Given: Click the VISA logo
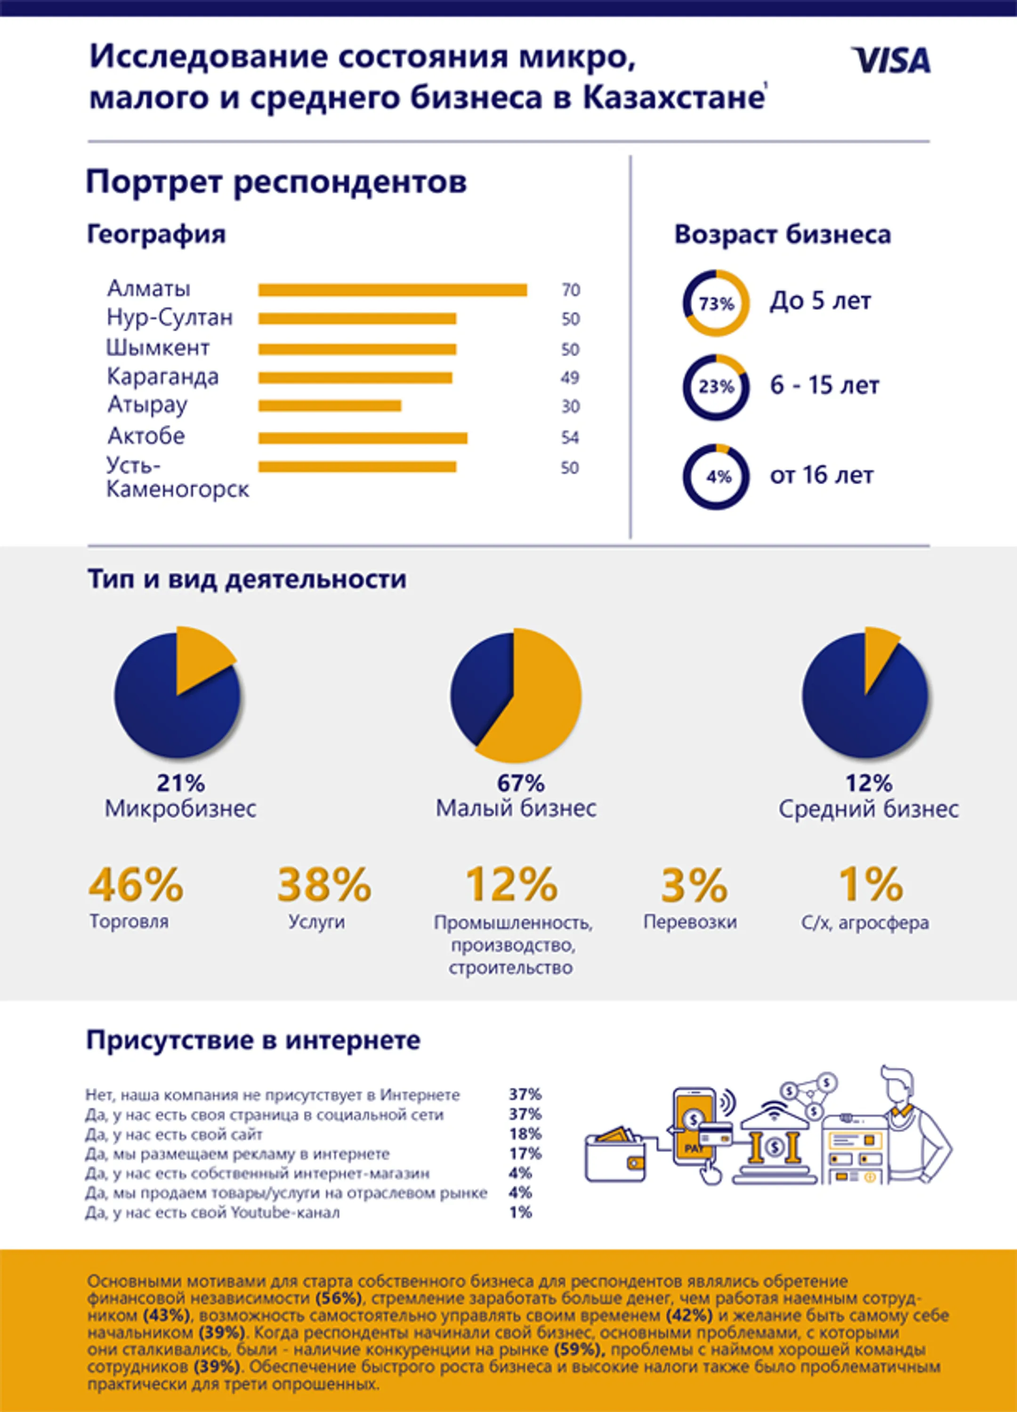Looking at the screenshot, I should pos(891,60).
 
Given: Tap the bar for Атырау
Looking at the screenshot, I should pos(330,406).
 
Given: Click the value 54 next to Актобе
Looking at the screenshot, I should pos(570,438).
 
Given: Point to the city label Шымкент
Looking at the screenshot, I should pos(158,347).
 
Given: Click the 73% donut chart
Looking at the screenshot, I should pos(716,303).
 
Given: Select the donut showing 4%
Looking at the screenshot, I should pos(716,477).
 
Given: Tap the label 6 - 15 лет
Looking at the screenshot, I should pos(824,385).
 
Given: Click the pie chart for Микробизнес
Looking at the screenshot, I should pos(177,696).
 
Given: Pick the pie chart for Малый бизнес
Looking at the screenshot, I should pos(516,696).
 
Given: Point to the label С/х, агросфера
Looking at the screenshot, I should pos(864,923).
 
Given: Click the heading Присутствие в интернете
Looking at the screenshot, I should pos(253,1040).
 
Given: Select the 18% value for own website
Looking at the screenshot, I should pos(525,1134).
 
